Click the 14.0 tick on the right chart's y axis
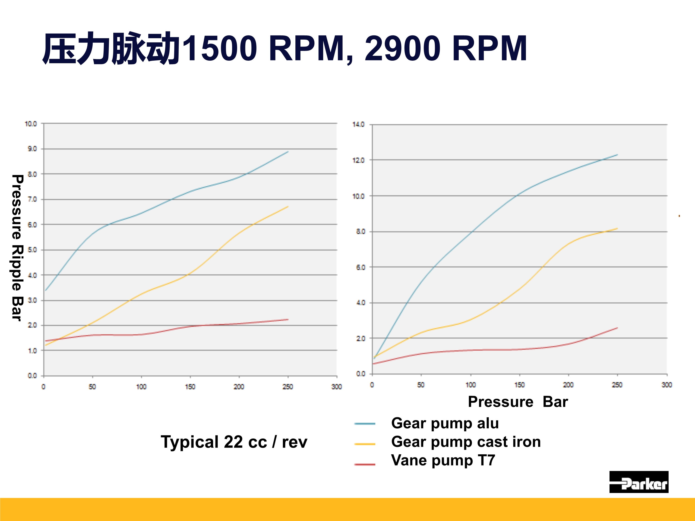[358, 125]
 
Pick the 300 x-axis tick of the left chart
[337, 387]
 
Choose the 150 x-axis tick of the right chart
[519, 385]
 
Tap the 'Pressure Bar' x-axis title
[518, 402]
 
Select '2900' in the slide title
[402, 49]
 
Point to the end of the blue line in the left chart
[288, 152]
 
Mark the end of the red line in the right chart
[617, 328]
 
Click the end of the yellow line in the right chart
[617, 229]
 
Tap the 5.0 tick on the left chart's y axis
[32, 250]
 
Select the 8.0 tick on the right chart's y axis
[360, 232]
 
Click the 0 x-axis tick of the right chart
[372, 385]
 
